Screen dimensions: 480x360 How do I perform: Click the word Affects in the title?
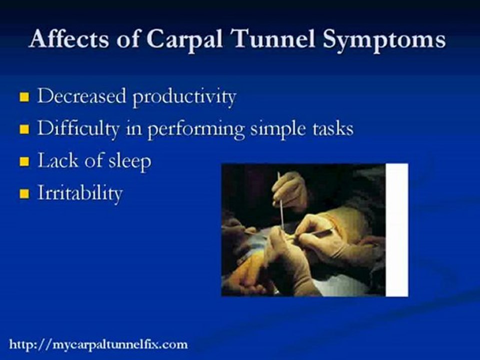coord(69,38)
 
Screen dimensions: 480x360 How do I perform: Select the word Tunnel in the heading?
coord(273,38)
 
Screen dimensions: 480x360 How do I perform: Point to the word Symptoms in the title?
coord(384,40)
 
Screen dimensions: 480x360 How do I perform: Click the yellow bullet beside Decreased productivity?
coord(24,97)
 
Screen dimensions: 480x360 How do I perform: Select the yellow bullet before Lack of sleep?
coord(24,161)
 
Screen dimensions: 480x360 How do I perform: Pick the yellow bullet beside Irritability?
coord(24,194)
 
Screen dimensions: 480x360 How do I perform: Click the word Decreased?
coord(81,95)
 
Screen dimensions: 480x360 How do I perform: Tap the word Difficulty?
coord(78,129)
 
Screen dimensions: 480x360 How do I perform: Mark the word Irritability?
coord(80,193)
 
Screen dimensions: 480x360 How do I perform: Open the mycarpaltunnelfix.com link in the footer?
coord(98,344)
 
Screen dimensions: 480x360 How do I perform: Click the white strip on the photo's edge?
coord(396,230)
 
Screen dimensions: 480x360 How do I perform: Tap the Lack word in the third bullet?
coord(58,160)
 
